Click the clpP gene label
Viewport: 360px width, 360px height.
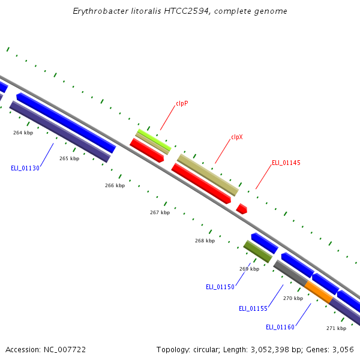(182, 103)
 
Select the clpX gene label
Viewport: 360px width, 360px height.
(237, 137)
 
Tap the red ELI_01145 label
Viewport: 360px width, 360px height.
(286, 163)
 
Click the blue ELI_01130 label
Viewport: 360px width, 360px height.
(25, 168)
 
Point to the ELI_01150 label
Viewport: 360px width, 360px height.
(220, 287)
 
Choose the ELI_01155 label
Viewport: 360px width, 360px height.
(253, 308)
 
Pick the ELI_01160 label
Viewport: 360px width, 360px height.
(280, 327)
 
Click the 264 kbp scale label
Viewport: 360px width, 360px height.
(23, 133)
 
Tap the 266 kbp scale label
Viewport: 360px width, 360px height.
(115, 185)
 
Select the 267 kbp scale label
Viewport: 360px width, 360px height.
(160, 212)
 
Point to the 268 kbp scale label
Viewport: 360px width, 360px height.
(205, 241)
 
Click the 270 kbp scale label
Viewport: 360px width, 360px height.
(293, 298)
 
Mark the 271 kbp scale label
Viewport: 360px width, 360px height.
(337, 328)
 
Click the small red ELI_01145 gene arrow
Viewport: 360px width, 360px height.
(242, 209)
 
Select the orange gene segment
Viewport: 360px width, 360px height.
(319, 292)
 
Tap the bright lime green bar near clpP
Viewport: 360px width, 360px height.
(154, 140)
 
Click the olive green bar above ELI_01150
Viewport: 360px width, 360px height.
(258, 251)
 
